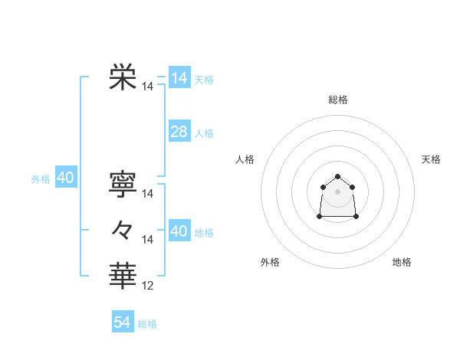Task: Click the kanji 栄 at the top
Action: point(123,77)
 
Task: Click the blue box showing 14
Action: point(179,78)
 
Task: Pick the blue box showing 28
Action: point(179,132)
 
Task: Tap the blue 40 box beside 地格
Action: point(179,231)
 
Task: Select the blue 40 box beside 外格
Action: point(65,178)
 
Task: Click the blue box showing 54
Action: point(122,322)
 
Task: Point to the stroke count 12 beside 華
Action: point(148,286)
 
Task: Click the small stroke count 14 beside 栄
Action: point(148,87)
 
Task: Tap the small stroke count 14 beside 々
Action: point(148,240)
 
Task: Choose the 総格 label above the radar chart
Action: point(337,100)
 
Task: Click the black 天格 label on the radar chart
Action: point(432,159)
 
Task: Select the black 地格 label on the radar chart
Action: point(402,262)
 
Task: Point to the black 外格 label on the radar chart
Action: point(270,262)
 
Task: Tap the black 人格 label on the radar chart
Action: point(245,159)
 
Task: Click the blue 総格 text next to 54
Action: point(147,323)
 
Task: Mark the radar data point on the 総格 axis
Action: point(337,177)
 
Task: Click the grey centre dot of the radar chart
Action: point(337,191)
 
